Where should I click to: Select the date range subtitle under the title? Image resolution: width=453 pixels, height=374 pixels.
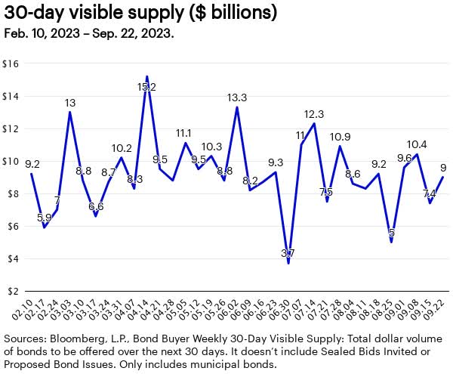(88, 34)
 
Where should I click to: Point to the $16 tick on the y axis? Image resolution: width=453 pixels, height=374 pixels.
(13, 63)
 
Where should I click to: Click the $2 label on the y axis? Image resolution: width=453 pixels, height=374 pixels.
(13, 291)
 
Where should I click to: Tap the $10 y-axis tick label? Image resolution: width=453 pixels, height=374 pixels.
(13, 161)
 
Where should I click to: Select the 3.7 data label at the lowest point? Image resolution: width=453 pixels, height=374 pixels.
(288, 252)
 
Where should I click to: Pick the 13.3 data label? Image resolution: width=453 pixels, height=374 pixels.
(237, 97)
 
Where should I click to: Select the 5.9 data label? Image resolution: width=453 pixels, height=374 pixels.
(45, 218)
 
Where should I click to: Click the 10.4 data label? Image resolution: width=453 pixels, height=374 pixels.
(416, 144)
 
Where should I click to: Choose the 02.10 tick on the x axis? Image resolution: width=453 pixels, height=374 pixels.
(23, 308)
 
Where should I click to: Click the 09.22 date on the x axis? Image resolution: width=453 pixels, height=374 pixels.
(433, 308)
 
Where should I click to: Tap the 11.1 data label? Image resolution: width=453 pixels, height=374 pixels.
(185, 133)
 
